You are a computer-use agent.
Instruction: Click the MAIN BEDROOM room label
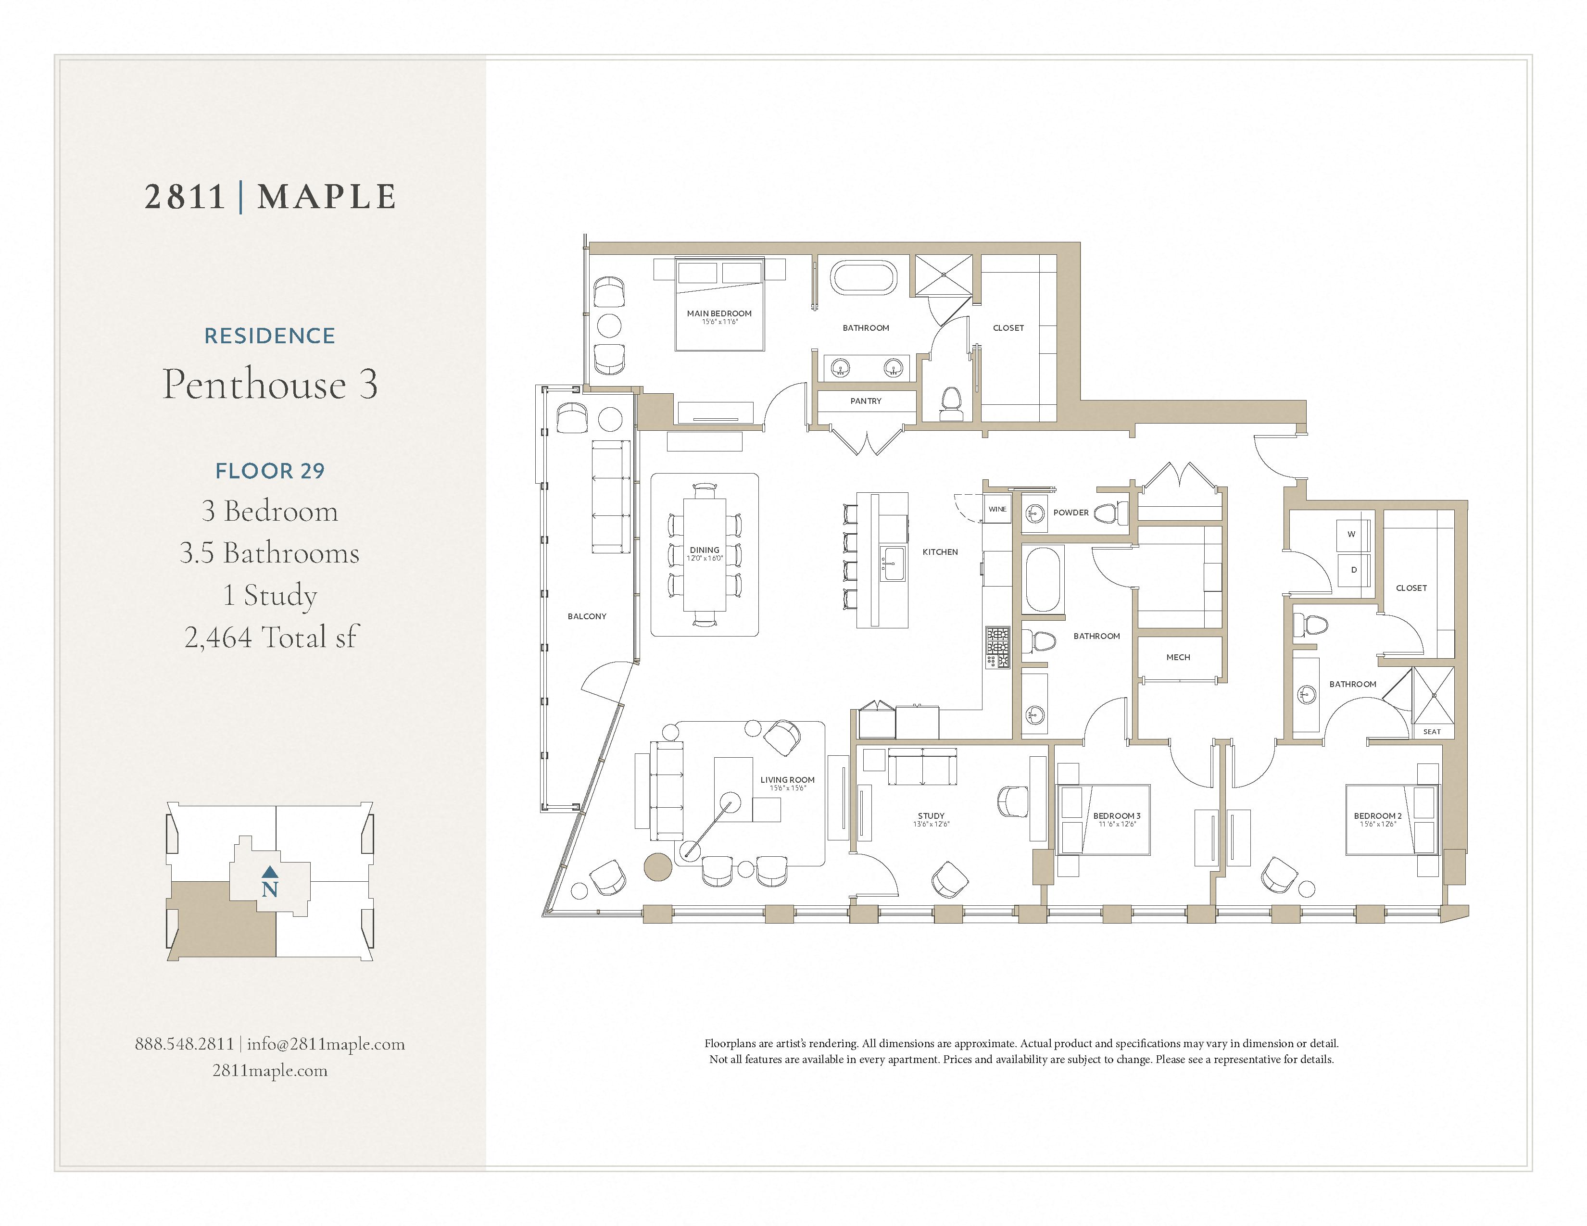pyautogui.click(x=718, y=314)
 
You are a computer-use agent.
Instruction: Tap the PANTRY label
pyautogui.click(x=866, y=401)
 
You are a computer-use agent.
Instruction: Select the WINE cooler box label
pyautogui.click(x=997, y=509)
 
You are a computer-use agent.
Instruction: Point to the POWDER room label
pyautogui.click(x=1071, y=512)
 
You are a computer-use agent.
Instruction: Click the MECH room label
pyautogui.click(x=1178, y=657)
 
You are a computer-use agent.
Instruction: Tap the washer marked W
pyautogui.click(x=1351, y=535)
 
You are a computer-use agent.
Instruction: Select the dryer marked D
pyautogui.click(x=1353, y=570)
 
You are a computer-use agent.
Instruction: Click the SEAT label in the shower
pyautogui.click(x=1432, y=731)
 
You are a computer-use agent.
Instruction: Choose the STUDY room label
pyautogui.click(x=931, y=815)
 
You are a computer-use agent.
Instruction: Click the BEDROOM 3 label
pyautogui.click(x=1116, y=815)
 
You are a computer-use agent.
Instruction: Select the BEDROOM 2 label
pyautogui.click(x=1377, y=815)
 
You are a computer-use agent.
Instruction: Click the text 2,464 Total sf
pyautogui.click(x=270, y=638)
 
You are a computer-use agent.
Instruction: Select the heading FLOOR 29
pyautogui.click(x=270, y=471)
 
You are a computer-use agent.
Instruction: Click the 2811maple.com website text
pyautogui.click(x=270, y=1071)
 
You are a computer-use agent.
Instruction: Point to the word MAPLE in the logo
pyautogui.click(x=327, y=197)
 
